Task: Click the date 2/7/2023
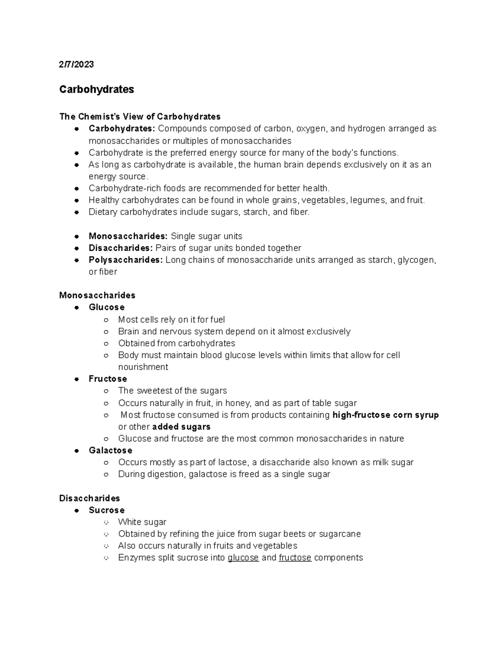click(76, 64)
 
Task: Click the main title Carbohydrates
click(96, 89)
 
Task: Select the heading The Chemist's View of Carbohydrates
click(140, 116)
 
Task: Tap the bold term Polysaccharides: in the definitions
click(125, 260)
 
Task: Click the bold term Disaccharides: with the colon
click(120, 248)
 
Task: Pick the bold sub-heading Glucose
click(106, 307)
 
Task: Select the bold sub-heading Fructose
click(108, 379)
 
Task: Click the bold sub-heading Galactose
click(110, 450)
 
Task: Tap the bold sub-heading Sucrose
click(106, 510)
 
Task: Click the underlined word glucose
click(243, 558)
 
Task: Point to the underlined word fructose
click(295, 558)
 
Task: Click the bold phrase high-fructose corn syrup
click(385, 415)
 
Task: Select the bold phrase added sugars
click(181, 427)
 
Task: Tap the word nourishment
click(143, 367)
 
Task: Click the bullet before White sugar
click(106, 522)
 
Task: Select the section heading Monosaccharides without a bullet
click(97, 295)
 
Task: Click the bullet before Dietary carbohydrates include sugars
click(77, 212)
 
